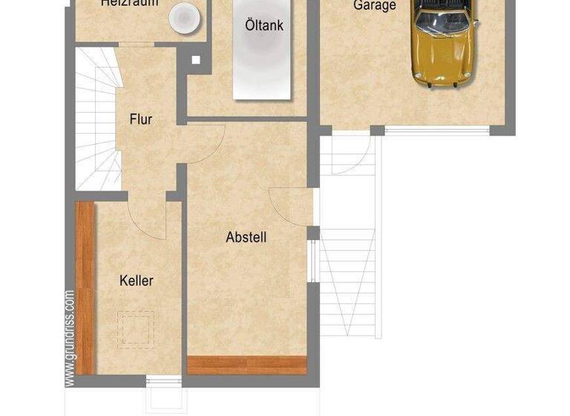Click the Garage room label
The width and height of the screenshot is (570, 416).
[374, 5]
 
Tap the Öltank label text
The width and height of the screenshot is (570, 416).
[263, 25]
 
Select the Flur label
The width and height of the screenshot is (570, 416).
[141, 119]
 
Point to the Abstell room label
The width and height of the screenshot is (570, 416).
[246, 238]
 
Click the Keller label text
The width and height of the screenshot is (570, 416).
[137, 281]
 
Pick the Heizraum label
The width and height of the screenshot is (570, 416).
[129, 3]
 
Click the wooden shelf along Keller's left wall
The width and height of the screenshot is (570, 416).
[85, 286]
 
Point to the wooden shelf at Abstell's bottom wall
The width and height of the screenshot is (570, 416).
[247, 364]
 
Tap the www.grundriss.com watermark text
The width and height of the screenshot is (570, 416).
[70, 338]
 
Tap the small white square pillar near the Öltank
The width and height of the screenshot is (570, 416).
[196, 61]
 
